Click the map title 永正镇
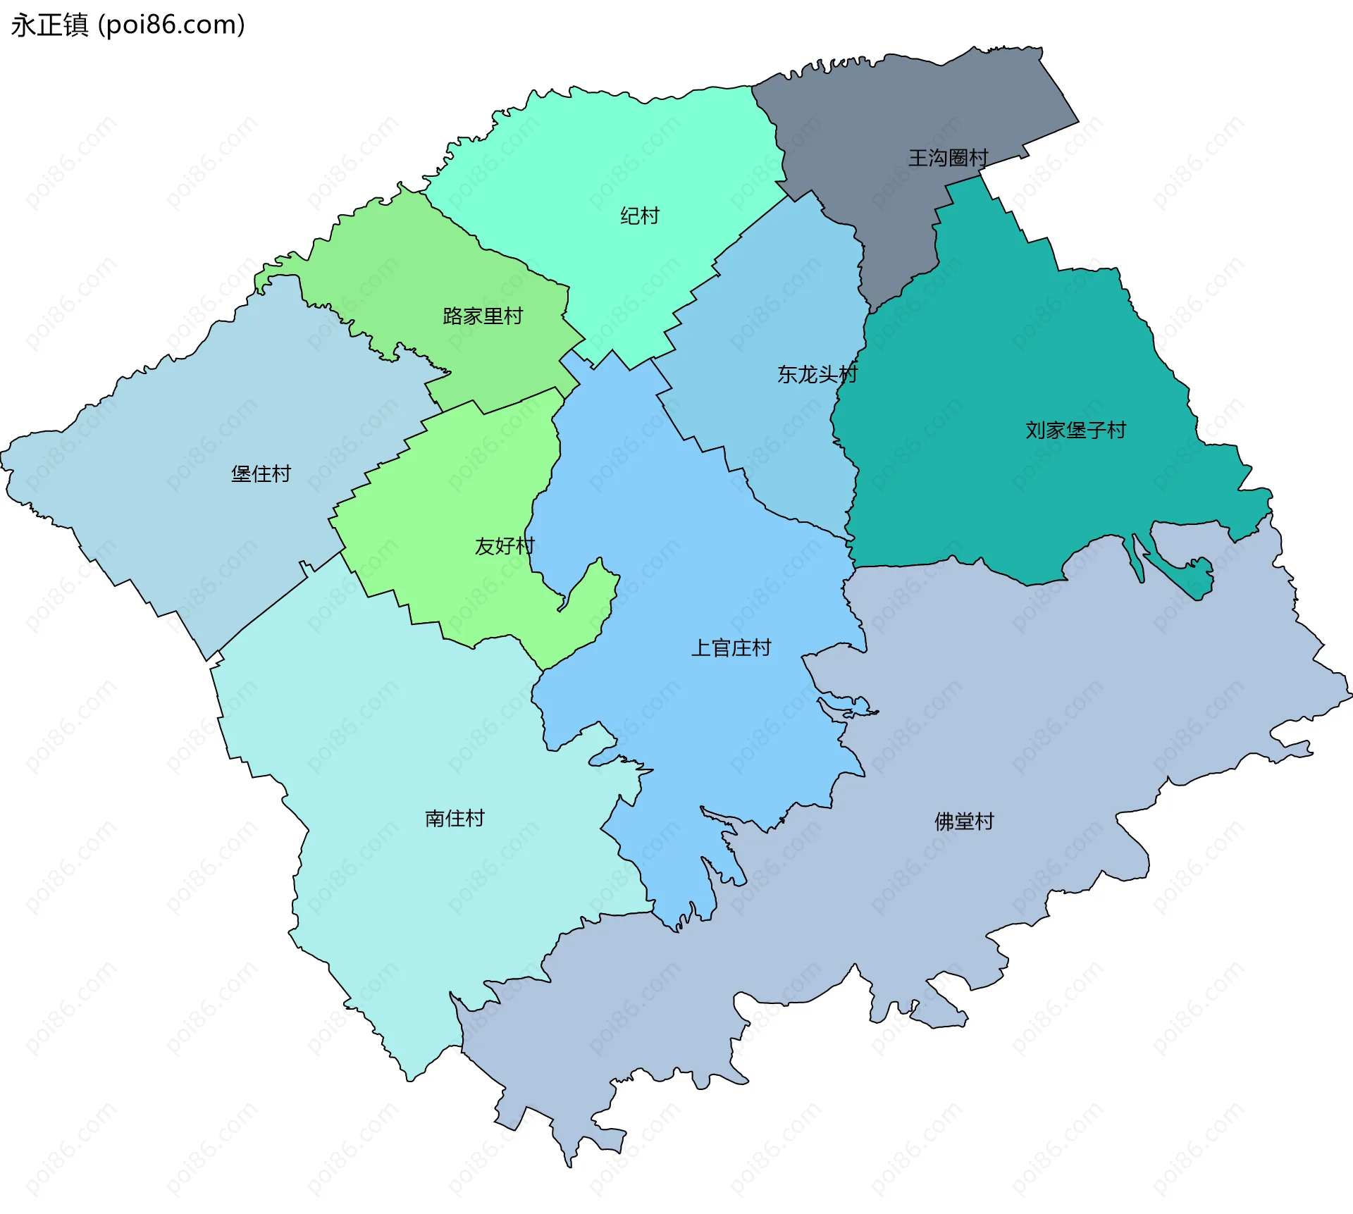tap(49, 25)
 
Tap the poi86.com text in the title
tap(171, 25)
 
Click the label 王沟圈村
tap(948, 158)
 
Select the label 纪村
tap(639, 216)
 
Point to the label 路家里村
tap(483, 316)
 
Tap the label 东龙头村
tap(817, 374)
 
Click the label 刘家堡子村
tap(1075, 430)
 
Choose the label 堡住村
tap(261, 473)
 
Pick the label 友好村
tap(505, 546)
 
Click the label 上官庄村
tap(731, 648)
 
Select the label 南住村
tap(455, 818)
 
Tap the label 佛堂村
tap(963, 822)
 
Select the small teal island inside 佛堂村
tap(1198, 579)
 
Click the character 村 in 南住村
tap(475, 818)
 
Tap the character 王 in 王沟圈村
tap(918, 158)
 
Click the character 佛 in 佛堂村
tap(944, 822)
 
